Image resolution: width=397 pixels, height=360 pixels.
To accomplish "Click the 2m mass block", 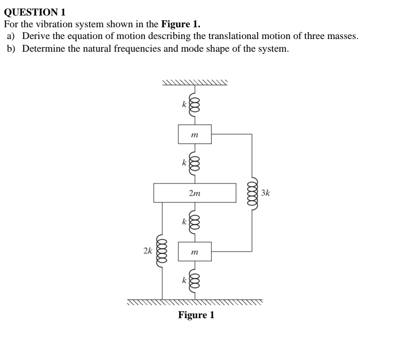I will tap(194, 193).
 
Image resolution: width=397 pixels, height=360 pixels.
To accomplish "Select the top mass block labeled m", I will tap(194, 135).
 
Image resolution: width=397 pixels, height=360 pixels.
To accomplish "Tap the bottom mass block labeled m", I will tap(194, 252).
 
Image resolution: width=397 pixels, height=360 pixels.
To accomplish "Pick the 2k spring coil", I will tap(162, 251).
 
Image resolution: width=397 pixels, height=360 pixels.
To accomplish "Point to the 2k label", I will tap(148, 251).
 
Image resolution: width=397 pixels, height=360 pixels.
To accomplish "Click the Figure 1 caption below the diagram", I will tap(196, 315).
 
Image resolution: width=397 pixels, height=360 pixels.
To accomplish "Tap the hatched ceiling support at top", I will tap(195, 83).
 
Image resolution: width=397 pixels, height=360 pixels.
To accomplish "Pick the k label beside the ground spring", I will tap(184, 281).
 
